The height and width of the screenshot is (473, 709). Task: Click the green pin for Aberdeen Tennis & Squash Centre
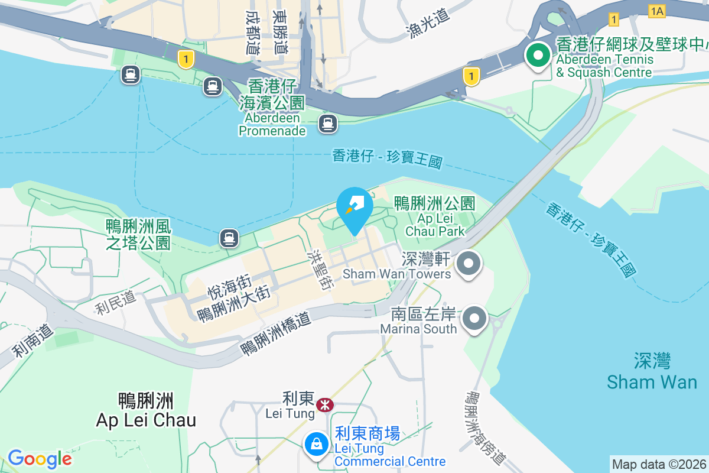click(x=538, y=57)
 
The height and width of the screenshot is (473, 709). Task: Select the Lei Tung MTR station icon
click(x=324, y=405)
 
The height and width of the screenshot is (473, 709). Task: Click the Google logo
click(x=40, y=458)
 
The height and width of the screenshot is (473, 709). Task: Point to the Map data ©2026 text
click(x=658, y=464)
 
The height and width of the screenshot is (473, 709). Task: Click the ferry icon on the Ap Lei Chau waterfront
click(x=229, y=238)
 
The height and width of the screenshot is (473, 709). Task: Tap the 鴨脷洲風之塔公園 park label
click(x=138, y=234)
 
